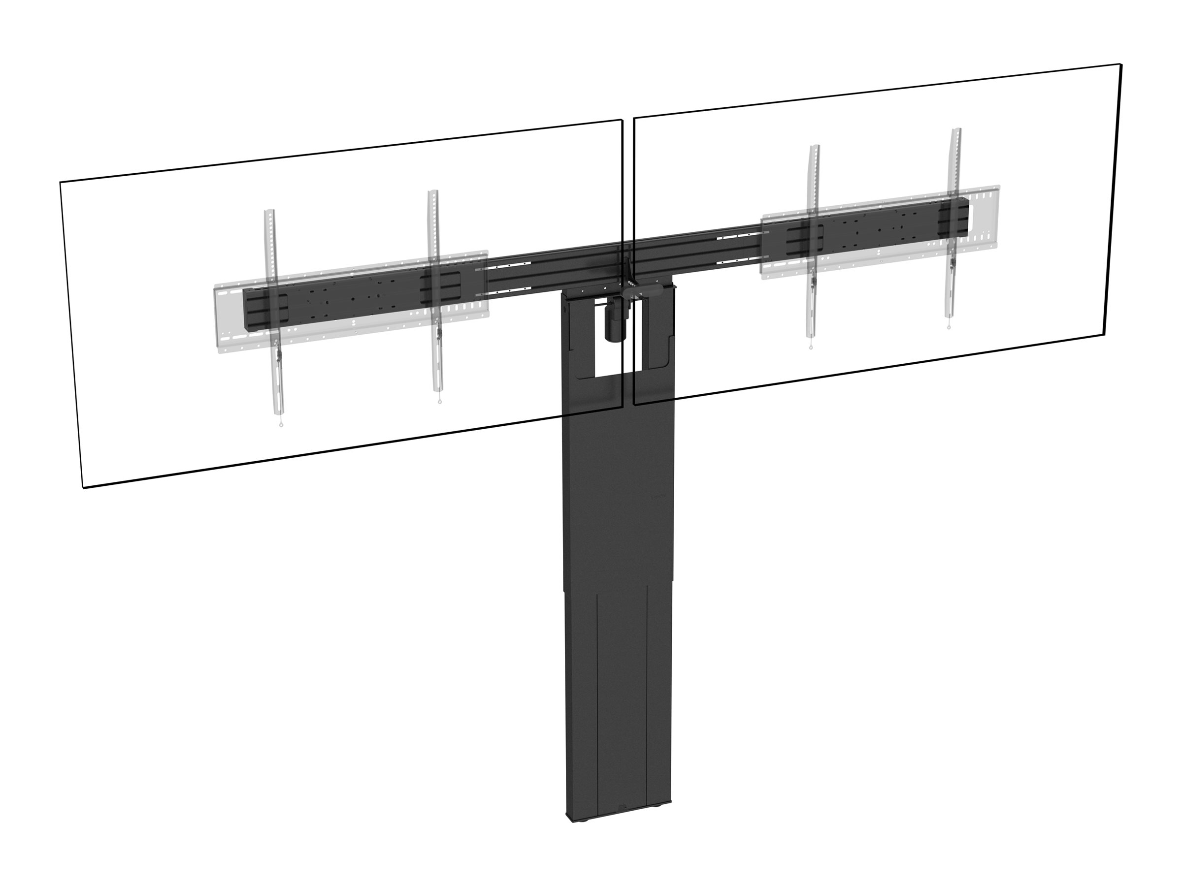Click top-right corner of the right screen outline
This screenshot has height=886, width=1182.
point(1120,80)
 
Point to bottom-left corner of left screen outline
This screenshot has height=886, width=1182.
point(83,488)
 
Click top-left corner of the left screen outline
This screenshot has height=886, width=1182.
point(60,182)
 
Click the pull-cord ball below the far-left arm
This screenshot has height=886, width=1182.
point(281,425)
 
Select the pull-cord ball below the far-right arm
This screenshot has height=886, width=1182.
point(949,328)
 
